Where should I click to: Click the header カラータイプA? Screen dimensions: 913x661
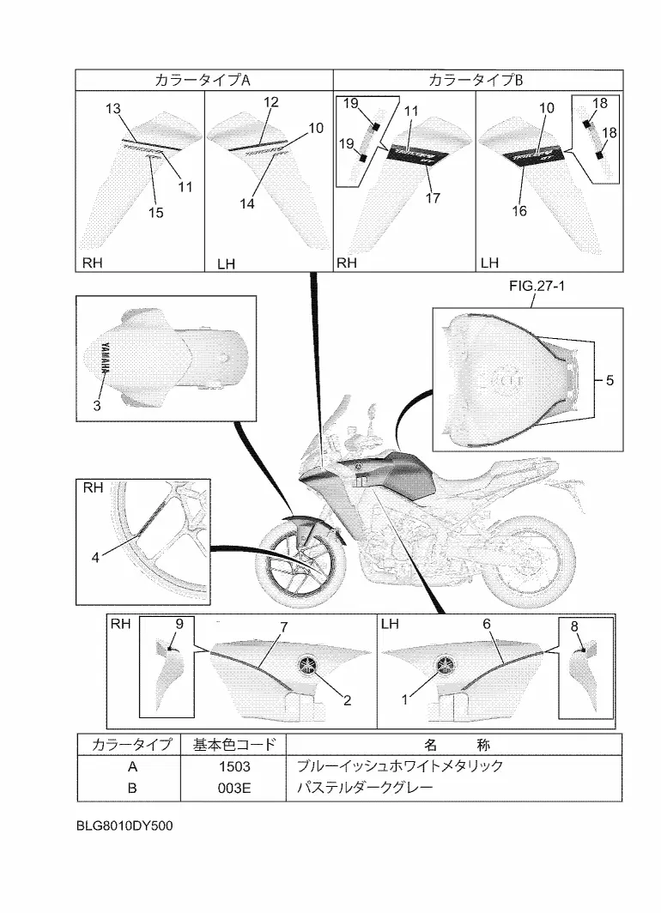pyautogui.click(x=203, y=80)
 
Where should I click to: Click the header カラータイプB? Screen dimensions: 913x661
pyautogui.click(x=475, y=80)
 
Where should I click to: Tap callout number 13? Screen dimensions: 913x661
pyautogui.click(x=113, y=108)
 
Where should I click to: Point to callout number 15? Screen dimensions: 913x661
pyautogui.click(x=155, y=212)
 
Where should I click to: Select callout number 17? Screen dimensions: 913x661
pyautogui.click(x=433, y=198)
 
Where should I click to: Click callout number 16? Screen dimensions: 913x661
pyautogui.click(x=519, y=211)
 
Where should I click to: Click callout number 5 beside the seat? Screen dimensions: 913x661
pyautogui.click(x=609, y=378)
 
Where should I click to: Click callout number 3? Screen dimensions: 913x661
pyautogui.click(x=97, y=407)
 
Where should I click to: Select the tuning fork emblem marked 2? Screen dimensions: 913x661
pyautogui.click(x=307, y=665)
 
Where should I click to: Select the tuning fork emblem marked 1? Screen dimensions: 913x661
pyautogui.click(x=446, y=665)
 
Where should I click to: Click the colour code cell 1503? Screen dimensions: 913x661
pyautogui.click(x=232, y=765)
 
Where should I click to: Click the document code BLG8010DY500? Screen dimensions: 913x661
pyautogui.click(x=124, y=831)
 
